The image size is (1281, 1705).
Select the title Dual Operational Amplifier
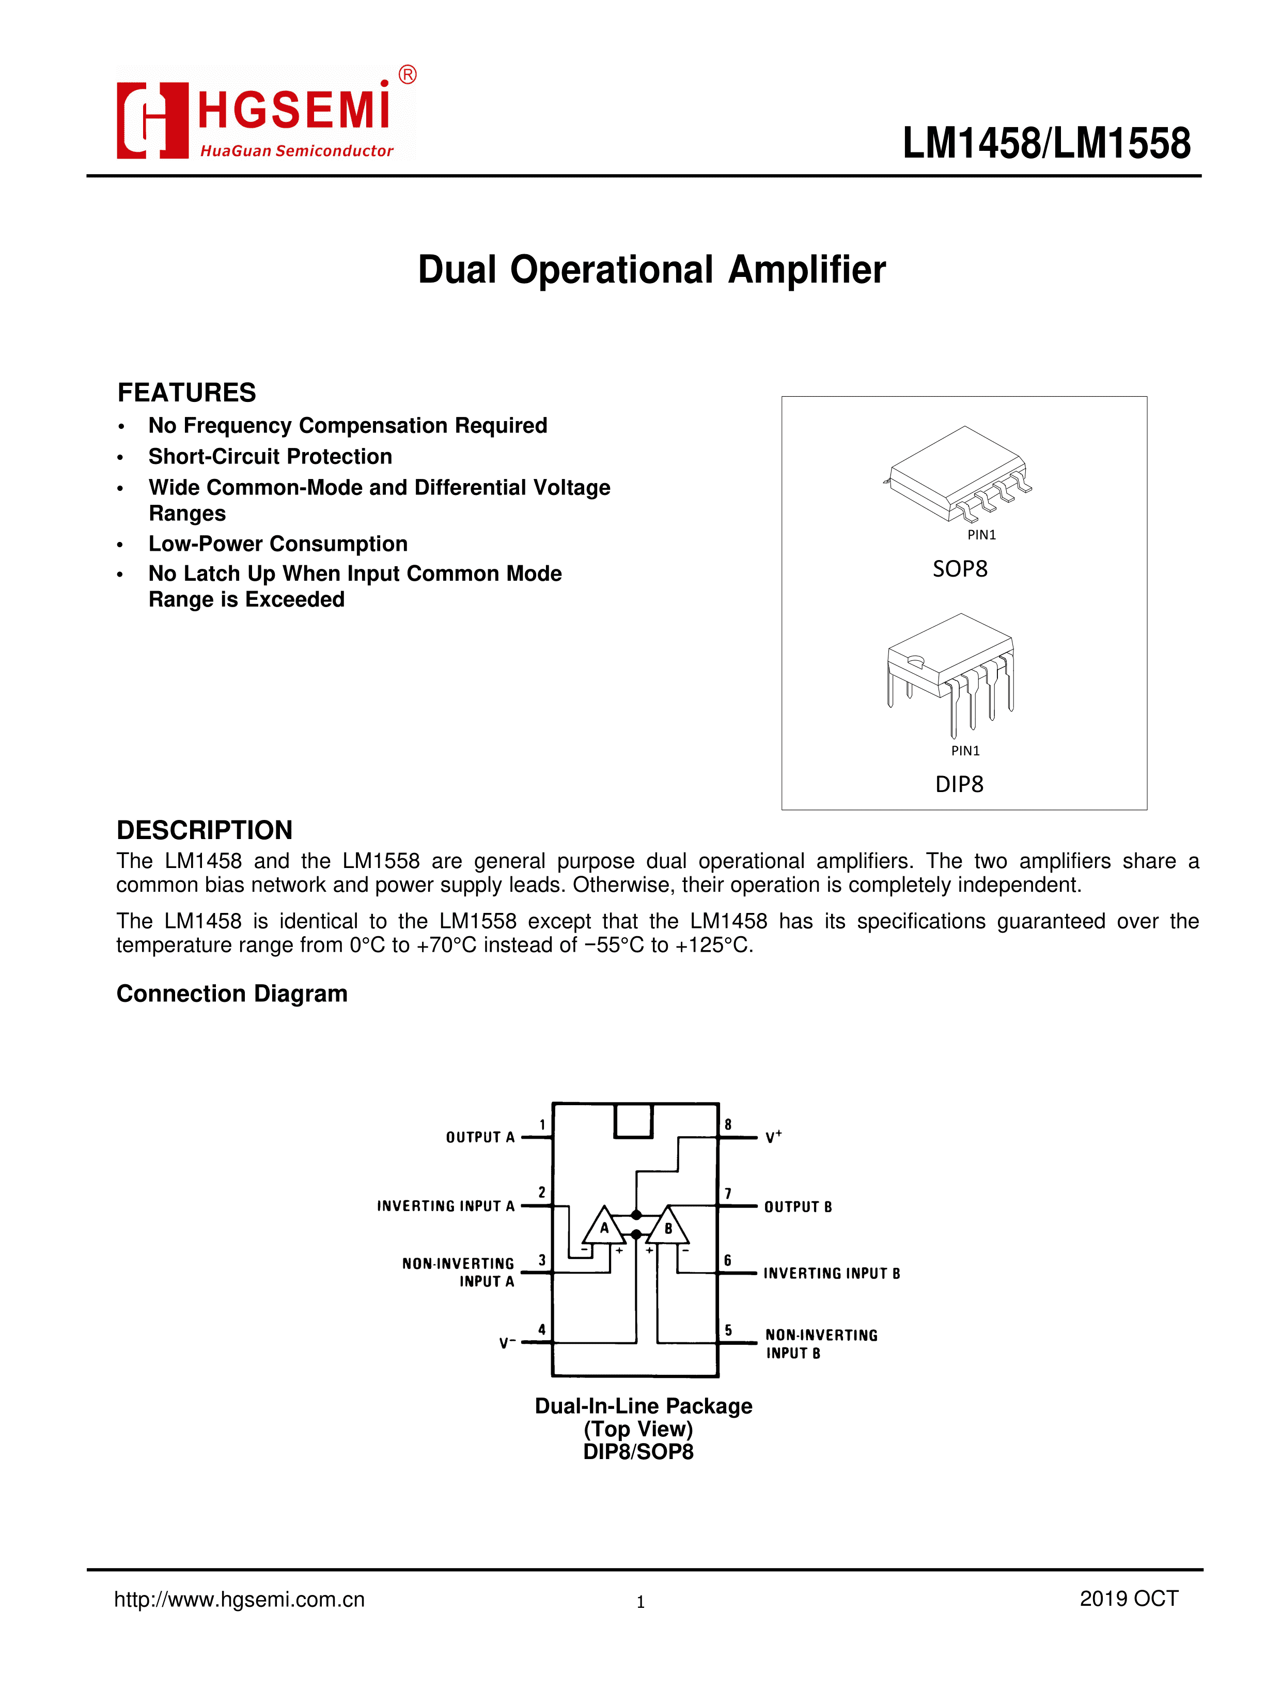(x=651, y=270)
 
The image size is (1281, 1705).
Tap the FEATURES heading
(x=186, y=392)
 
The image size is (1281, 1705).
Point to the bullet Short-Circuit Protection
(x=270, y=456)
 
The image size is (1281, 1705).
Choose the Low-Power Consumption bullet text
(x=277, y=544)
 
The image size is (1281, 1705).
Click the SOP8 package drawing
(x=958, y=474)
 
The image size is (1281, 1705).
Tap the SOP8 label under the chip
(x=960, y=569)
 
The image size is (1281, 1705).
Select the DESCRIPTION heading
(x=204, y=830)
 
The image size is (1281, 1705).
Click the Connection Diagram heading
(x=231, y=994)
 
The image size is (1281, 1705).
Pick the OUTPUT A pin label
(x=479, y=1137)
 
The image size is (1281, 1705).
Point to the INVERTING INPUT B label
(x=832, y=1274)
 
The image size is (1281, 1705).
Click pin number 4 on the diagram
(x=542, y=1329)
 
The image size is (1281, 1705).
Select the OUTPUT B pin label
(x=798, y=1206)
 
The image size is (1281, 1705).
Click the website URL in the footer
(x=239, y=1600)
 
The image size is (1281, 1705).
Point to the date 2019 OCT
(x=1129, y=1599)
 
